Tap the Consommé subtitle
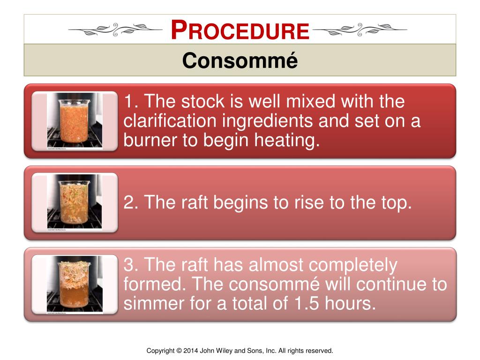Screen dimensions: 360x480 240,60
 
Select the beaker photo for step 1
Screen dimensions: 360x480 75,121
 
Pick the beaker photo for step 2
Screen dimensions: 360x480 75,202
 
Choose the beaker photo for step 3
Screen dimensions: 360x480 75,285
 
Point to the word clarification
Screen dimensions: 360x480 170,121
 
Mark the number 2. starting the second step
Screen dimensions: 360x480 131,202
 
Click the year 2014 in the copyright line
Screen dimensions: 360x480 191,351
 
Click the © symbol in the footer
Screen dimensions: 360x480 179,351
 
